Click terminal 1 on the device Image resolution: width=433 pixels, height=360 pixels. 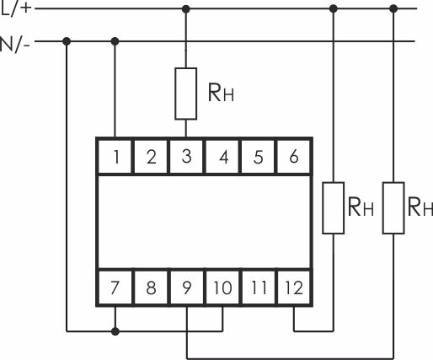(115, 157)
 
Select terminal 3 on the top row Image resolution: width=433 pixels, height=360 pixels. (186, 157)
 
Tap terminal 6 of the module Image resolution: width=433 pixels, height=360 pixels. (293, 157)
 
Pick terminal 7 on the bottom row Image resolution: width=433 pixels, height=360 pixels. (115, 287)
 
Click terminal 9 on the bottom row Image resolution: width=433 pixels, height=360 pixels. (187, 287)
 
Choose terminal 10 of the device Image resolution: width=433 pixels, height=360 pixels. (222, 287)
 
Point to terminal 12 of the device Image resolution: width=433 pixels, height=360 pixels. (294, 287)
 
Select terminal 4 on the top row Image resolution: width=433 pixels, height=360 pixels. (222, 157)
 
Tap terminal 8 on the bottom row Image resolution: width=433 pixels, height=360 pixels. (151, 287)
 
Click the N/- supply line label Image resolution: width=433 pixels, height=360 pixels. (14, 45)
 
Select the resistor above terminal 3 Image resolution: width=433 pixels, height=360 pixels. (185, 94)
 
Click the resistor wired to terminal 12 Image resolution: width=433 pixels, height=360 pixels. (334, 208)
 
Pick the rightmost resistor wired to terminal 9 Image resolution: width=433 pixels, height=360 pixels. (393, 208)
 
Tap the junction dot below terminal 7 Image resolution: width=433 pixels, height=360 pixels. (115, 331)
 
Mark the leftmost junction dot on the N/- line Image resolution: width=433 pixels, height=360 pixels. (67, 41)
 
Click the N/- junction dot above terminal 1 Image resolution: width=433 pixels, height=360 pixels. (115, 41)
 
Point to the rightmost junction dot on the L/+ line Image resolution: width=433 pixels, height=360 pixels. (393, 8)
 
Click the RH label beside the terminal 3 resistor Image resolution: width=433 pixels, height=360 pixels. (221, 93)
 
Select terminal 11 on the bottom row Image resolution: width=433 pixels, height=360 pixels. (259, 287)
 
